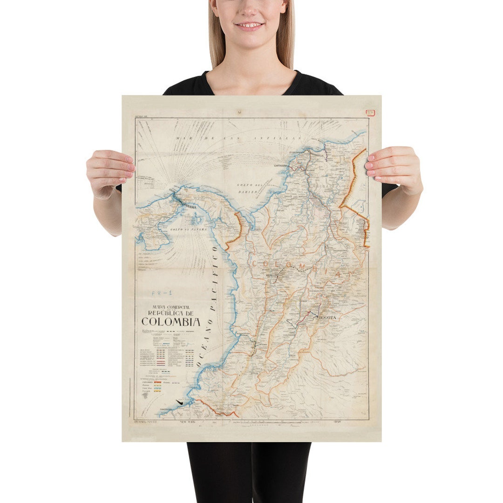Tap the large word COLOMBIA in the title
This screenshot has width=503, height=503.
pyautogui.click(x=171, y=322)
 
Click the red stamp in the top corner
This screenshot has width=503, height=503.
pyautogui.click(x=371, y=113)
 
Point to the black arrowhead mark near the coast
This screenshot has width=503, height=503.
pyautogui.click(x=178, y=402)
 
